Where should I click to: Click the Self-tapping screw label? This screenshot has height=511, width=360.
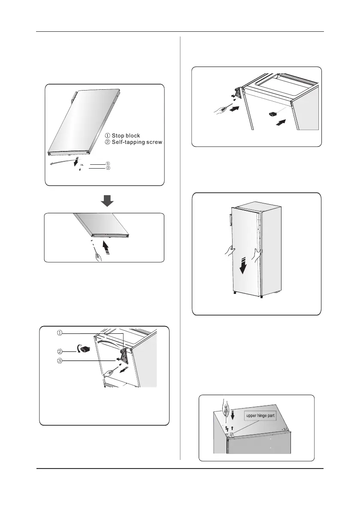(135, 142)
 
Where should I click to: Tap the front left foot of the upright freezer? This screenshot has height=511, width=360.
(233, 294)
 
